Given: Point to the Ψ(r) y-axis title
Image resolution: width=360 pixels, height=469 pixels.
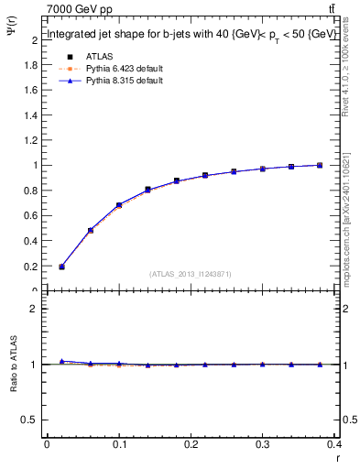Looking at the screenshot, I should tap(10, 38).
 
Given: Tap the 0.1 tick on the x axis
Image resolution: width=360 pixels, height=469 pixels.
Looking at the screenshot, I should tap(119, 445).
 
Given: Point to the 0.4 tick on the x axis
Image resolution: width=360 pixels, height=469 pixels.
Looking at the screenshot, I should tap(336, 445).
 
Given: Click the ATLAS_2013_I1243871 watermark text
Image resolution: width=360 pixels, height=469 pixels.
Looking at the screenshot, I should tap(190, 274).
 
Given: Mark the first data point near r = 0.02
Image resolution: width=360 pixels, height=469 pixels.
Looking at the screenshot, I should tap(61, 267).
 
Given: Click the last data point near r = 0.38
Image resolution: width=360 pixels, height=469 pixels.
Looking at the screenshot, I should tap(320, 165).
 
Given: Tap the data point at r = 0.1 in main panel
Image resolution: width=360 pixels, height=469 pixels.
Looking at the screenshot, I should tap(119, 205).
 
